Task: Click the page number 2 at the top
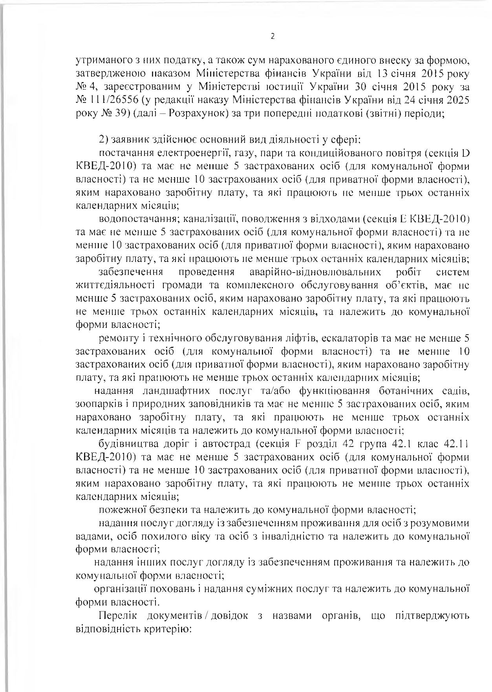273,37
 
